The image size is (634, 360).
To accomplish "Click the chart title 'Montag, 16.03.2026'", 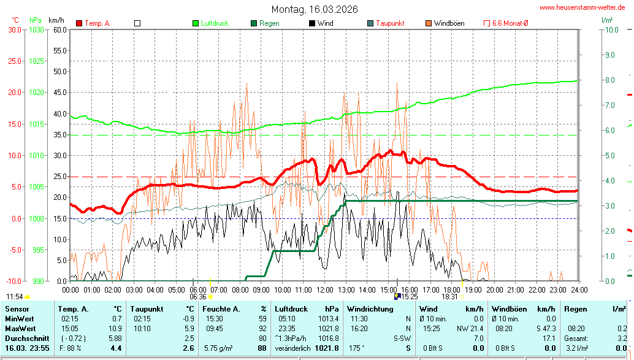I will (315, 9).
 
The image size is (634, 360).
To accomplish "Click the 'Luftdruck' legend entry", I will (215, 23).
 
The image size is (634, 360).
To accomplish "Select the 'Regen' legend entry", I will (269, 23).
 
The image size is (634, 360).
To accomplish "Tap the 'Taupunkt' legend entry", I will (389, 23).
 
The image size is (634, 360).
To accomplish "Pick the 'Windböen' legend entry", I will (449, 23).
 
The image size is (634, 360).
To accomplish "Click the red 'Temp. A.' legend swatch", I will (79, 23).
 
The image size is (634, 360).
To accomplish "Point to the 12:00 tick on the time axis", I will (324, 289).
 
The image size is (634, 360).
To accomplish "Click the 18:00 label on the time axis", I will (452, 289).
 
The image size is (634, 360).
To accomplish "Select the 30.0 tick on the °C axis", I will (14, 29).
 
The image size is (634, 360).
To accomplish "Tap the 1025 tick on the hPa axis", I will (36, 61).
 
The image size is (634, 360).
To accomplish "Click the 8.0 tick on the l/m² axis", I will (609, 80).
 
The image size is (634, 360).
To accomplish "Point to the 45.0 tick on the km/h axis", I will (59, 93).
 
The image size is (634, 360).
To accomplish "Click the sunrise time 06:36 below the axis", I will (198, 296).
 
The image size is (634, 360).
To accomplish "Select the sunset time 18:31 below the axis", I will (449, 296).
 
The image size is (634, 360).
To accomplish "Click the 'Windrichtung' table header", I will (370, 309).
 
